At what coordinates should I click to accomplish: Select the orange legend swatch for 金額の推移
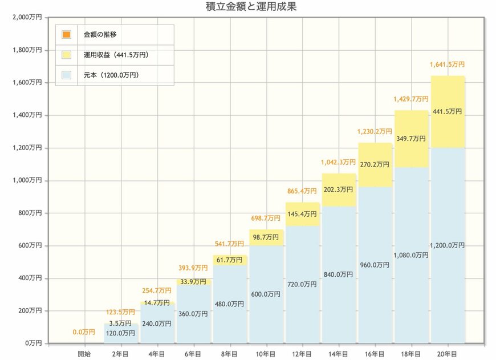(x=67, y=34)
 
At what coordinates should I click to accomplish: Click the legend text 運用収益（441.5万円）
(x=116, y=55)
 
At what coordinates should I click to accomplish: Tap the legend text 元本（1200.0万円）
(x=111, y=75)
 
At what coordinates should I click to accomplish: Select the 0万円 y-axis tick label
(x=32, y=343)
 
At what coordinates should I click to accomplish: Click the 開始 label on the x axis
(x=84, y=353)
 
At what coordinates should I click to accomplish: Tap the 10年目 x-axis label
(x=266, y=353)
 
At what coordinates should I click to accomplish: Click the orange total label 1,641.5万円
(x=447, y=65)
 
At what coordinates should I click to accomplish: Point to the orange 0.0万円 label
(x=84, y=332)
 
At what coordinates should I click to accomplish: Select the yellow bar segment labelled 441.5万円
(x=448, y=112)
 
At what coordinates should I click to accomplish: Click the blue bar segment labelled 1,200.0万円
(x=448, y=245)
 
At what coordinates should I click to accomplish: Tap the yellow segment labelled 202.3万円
(x=339, y=190)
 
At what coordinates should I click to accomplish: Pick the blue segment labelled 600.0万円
(x=266, y=294)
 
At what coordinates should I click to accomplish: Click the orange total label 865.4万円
(x=302, y=191)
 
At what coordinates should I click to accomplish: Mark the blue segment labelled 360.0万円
(x=193, y=314)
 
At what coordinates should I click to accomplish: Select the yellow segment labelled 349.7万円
(x=411, y=139)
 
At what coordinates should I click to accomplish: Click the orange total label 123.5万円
(x=120, y=312)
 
